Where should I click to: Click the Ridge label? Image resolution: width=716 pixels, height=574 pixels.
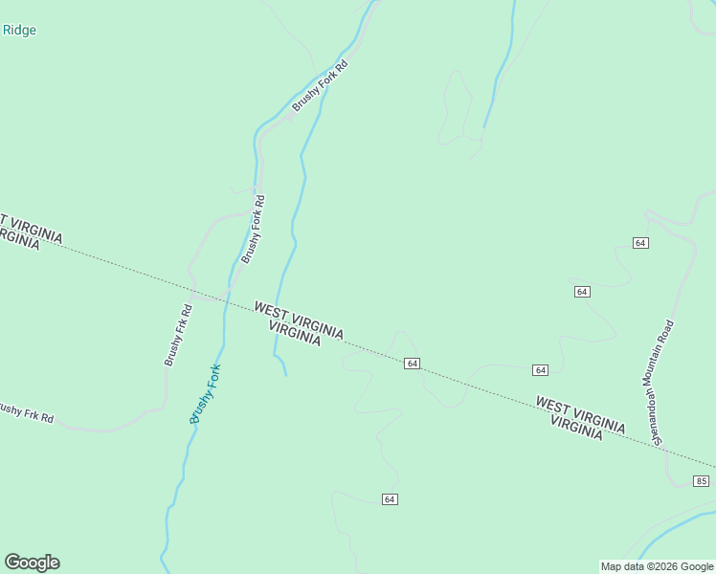point(19,30)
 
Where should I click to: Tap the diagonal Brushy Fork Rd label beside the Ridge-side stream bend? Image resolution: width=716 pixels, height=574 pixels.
point(319,85)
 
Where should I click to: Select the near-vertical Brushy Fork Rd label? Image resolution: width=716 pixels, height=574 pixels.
point(253,230)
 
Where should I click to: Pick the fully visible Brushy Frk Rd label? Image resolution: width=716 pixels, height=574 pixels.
point(178,335)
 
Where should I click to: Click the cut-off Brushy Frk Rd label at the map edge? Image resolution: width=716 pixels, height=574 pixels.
point(26,413)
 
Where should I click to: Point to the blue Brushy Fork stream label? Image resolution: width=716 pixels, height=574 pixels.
point(205,394)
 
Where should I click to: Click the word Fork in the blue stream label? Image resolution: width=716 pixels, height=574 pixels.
point(212,376)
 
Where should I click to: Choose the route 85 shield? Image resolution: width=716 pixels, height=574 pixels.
point(702,480)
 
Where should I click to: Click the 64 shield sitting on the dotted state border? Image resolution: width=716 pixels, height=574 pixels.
point(412,364)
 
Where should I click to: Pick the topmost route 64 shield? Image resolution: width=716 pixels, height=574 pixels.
point(640,243)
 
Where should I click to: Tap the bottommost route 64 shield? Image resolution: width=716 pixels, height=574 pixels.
point(389,499)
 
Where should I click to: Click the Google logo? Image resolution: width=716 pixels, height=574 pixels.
point(32,563)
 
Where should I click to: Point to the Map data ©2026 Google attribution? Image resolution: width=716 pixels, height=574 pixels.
point(657,566)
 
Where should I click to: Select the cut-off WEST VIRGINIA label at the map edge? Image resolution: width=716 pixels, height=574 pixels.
point(31,226)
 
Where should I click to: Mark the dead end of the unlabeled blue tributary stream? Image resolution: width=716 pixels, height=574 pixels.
point(285,374)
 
